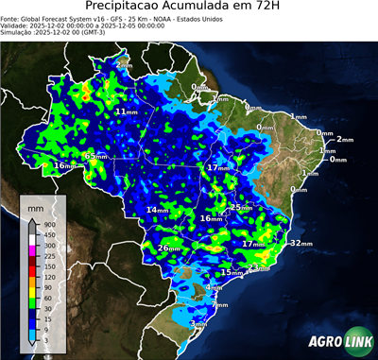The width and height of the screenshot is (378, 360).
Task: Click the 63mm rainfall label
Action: coord(93,156)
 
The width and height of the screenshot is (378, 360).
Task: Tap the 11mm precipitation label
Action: coord(123,111)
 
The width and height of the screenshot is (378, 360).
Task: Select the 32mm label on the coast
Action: coord(301,243)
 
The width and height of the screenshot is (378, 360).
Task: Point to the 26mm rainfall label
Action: coord(167,249)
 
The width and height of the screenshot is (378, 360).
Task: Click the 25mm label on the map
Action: coord(240,207)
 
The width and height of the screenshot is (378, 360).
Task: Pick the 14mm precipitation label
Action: coord(157,210)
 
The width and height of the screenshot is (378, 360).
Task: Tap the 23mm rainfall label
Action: coord(258,268)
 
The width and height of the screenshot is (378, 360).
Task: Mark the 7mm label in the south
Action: coord(219,305)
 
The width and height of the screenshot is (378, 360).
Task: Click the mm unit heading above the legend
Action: coord(35,205)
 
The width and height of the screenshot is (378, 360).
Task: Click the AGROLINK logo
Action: coord(339,343)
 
